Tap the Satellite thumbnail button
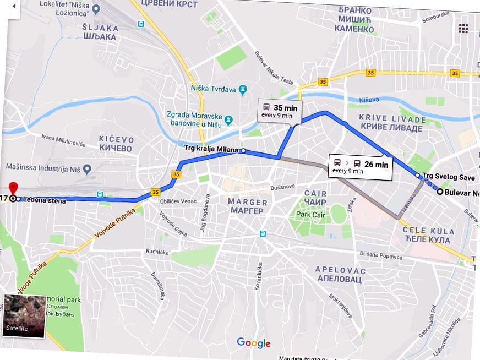pos(24,316)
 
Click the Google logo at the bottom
pos(254,343)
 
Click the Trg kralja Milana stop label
pos(211,150)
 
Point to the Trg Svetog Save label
pos(449,177)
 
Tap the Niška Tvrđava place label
pos(213,88)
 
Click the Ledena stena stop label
pos(44,201)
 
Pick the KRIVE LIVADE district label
pos(392,124)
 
